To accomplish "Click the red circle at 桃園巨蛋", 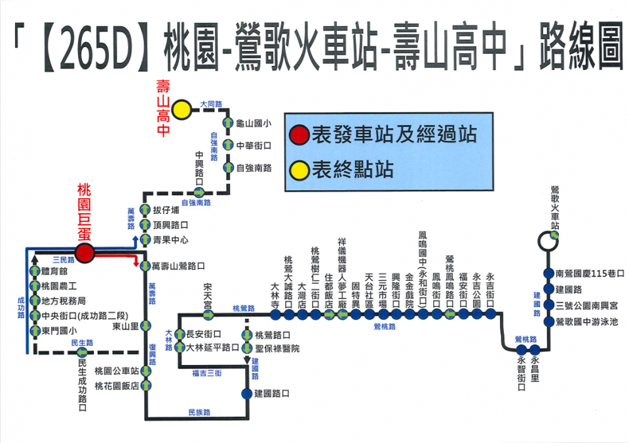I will click(84, 252).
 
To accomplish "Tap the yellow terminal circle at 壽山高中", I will click(181, 109).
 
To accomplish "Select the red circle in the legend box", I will click(300, 135).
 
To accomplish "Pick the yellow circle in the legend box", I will click(300, 169).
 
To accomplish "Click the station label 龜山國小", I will click(254, 122).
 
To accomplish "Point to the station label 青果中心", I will click(170, 239).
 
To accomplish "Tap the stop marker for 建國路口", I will click(246, 393).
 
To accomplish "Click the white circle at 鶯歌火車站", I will click(546, 241).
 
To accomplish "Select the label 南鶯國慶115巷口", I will click(589, 274).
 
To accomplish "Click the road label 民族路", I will click(199, 412).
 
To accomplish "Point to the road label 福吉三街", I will click(207, 373).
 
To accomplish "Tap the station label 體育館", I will click(54, 270).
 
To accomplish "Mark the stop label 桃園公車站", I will click(115, 370).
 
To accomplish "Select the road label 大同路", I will click(211, 104).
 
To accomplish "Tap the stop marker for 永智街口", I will click(522, 349).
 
